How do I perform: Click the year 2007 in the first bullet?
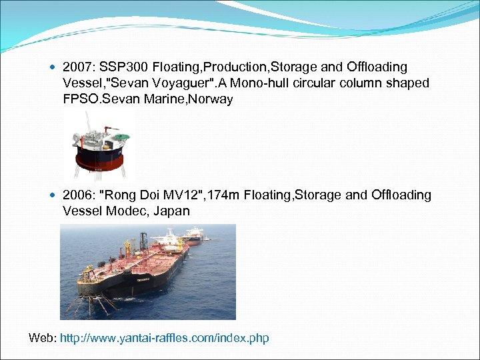[x=75, y=67]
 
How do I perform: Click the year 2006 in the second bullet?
[x=75, y=195]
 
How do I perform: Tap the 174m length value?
[x=221, y=195]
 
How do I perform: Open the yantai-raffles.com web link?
[x=164, y=338]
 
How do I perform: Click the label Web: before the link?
[x=43, y=338]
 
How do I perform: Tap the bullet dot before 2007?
[x=53, y=68]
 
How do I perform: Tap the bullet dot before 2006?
[x=53, y=195]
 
